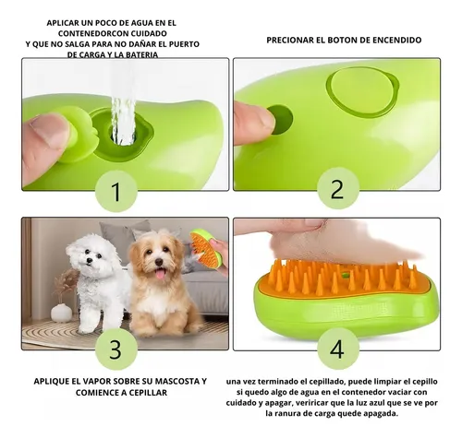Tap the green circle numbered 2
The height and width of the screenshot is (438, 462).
point(337,189)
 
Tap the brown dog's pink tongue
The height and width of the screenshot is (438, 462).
point(160,273)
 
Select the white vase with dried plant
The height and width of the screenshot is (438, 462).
point(61,309)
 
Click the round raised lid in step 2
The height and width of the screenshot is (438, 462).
point(361,91)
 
